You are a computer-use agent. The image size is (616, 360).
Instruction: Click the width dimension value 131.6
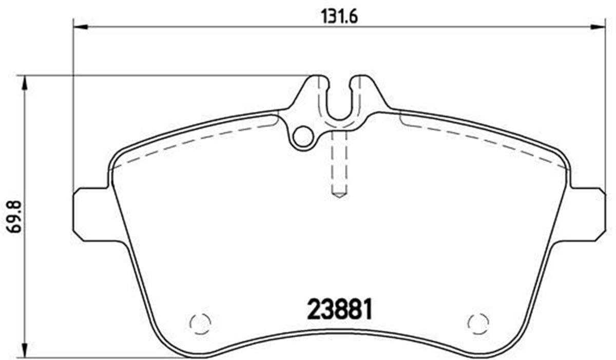tap(339, 16)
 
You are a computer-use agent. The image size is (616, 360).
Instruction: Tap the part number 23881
tap(339, 309)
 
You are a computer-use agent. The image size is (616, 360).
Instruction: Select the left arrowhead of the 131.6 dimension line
tap(81, 27)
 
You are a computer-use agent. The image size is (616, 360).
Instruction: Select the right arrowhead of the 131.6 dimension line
tap(598, 27)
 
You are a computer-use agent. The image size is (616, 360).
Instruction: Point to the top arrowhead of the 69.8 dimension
tap(24, 83)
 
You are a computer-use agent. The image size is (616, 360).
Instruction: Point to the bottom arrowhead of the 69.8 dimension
tap(24, 349)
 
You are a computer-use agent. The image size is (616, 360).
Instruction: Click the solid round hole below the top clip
tap(304, 137)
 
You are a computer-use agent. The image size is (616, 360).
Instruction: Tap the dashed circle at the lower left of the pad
tap(200, 323)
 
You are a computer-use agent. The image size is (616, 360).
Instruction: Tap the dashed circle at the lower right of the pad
tap(478, 323)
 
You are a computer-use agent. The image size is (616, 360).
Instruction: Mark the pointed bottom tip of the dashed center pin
tap(339, 196)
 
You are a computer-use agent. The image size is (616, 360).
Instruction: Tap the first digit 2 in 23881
tap(313, 309)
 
